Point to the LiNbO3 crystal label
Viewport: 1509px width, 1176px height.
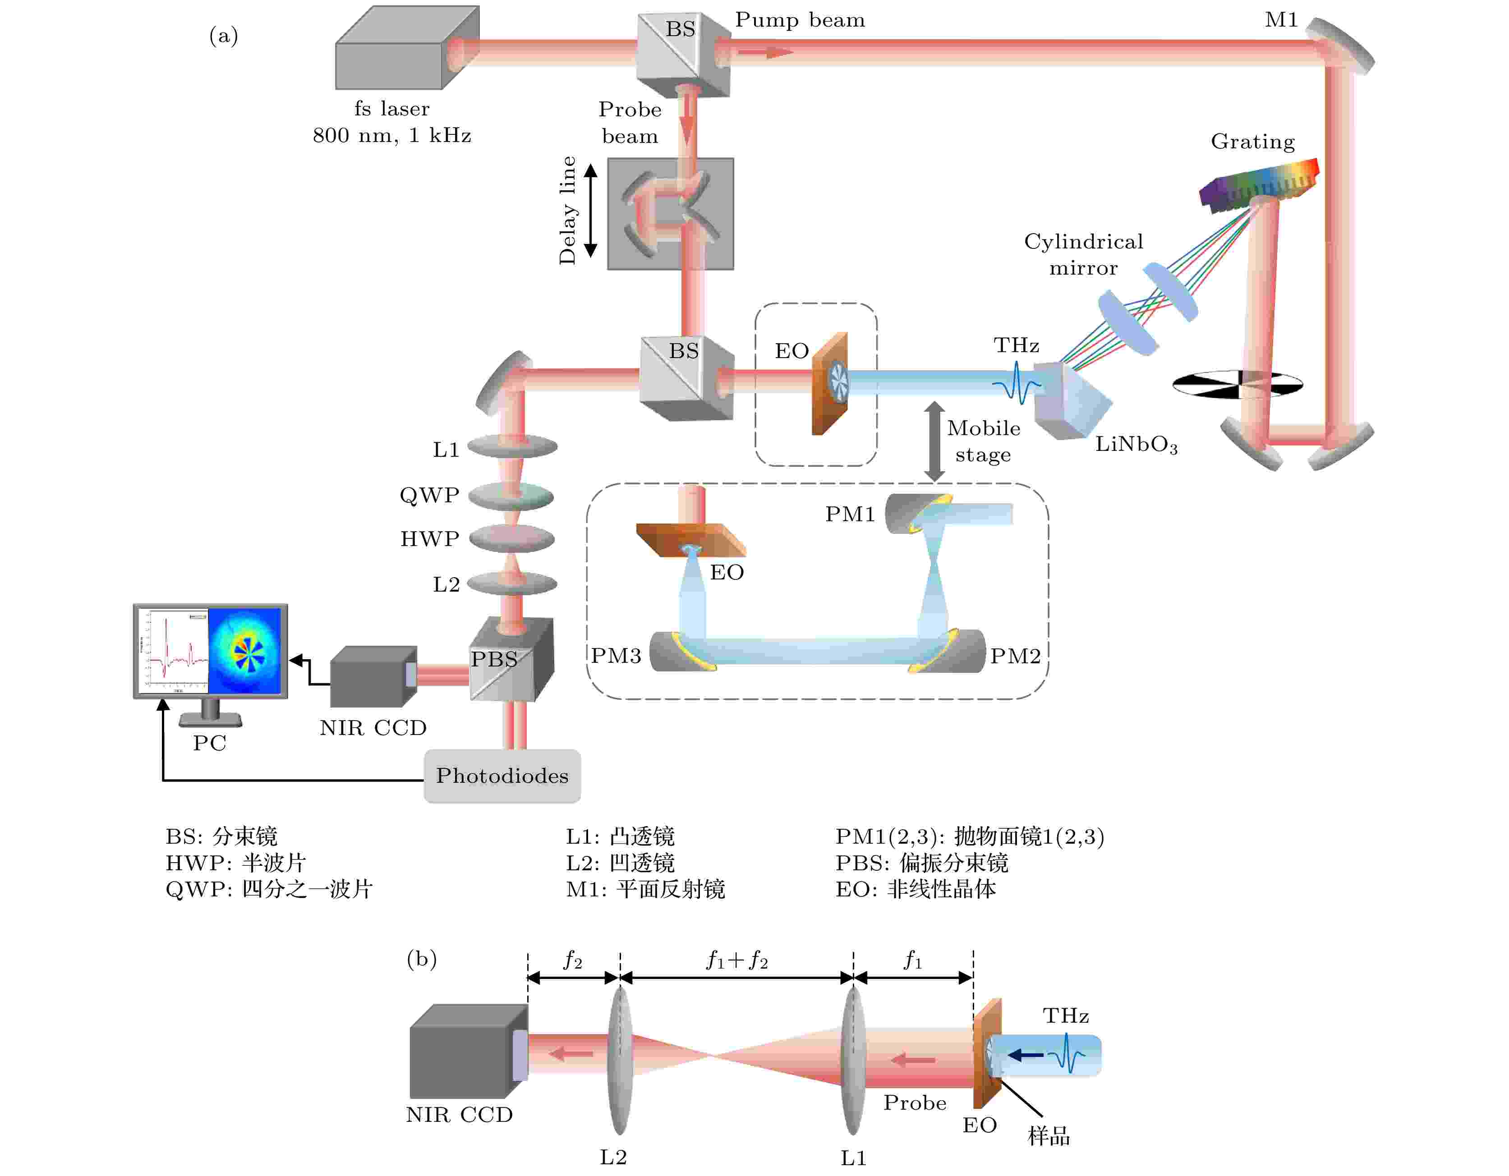(1136, 444)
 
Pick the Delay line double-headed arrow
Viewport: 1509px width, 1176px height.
(591, 211)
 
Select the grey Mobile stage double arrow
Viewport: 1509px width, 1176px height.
(934, 441)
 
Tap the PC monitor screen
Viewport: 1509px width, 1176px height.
(211, 650)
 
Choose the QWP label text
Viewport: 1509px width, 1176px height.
(429, 496)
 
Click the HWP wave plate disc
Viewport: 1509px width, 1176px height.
(512, 538)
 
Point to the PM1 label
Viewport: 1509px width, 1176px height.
(850, 514)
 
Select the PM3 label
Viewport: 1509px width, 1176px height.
(616, 656)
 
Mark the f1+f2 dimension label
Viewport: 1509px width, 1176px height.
(736, 960)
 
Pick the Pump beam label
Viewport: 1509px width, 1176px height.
(800, 20)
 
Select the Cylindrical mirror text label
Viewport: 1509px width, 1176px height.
(1083, 254)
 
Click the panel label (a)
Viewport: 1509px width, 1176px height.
(223, 35)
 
